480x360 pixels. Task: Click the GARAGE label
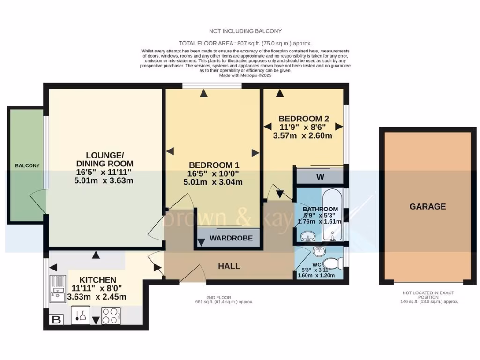pos(427,206)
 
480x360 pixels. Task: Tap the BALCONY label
pos(27,166)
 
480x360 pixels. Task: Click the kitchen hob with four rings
pos(111,315)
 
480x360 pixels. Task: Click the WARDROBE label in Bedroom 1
pos(231,238)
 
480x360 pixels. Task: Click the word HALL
pos(229,266)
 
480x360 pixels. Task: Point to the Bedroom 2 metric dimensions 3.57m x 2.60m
pos(302,136)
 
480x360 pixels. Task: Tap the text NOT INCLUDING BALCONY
pos(245,31)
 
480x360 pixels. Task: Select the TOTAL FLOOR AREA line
pos(245,43)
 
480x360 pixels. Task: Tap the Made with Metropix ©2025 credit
pos(245,75)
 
